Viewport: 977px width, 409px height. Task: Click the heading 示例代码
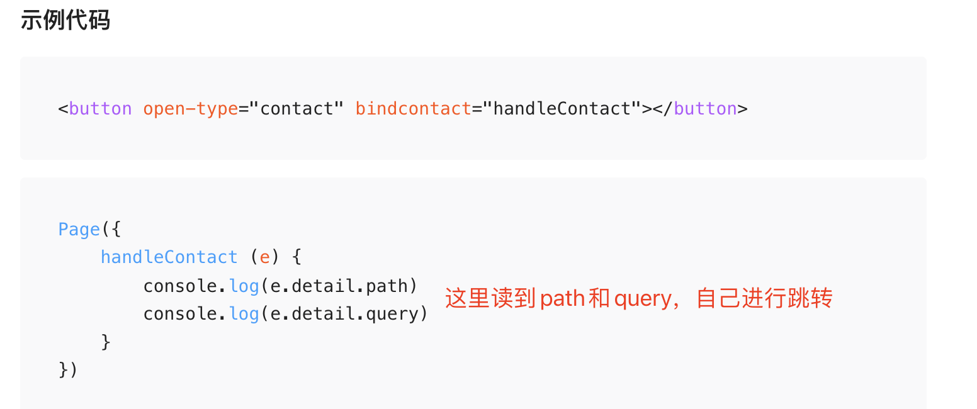[x=65, y=20]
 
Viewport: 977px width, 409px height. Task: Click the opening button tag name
[x=100, y=109]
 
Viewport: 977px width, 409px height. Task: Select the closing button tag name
[x=705, y=109]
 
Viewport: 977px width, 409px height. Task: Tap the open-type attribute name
[x=190, y=109]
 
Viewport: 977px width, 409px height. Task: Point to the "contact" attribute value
[x=296, y=109]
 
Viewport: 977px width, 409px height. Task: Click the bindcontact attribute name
[x=413, y=109]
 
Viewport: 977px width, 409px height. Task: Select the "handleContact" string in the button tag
[x=562, y=109]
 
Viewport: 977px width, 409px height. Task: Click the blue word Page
[x=79, y=229]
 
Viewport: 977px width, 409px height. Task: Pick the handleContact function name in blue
[x=169, y=257]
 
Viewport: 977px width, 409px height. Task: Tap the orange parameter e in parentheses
[x=265, y=257]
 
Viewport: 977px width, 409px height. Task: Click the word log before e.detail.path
[x=244, y=286]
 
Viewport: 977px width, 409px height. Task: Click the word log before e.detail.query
[x=244, y=314]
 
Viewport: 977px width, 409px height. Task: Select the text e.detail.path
[x=339, y=286]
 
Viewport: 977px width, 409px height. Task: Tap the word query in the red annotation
[x=643, y=298]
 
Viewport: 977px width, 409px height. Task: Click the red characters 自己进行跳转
[x=764, y=298]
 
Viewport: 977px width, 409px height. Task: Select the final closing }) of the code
[x=68, y=370]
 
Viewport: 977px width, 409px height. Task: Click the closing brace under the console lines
[x=106, y=342]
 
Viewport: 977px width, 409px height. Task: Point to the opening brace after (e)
[x=297, y=257]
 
